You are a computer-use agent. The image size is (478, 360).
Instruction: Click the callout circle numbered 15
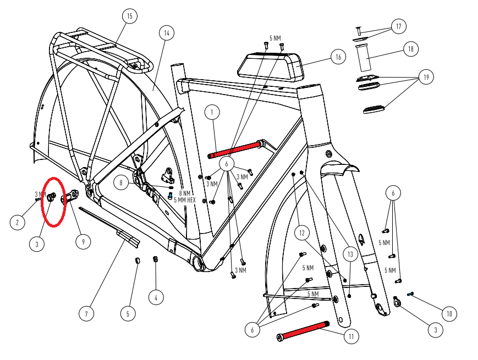click(129, 16)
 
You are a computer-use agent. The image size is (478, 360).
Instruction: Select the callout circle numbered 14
click(166, 33)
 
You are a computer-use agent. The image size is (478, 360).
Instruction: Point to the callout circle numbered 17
click(398, 26)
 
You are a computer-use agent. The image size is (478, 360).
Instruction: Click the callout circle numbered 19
click(425, 77)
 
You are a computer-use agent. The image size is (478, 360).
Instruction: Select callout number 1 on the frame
click(212, 113)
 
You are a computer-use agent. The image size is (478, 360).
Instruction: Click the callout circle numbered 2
click(18, 223)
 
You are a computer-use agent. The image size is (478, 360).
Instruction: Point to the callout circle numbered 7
click(86, 314)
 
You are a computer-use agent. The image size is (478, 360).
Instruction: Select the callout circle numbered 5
click(128, 314)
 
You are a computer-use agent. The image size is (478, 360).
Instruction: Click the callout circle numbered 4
click(156, 297)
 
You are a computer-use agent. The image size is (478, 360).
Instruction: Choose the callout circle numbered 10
click(449, 314)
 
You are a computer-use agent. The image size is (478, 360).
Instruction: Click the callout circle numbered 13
click(350, 254)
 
